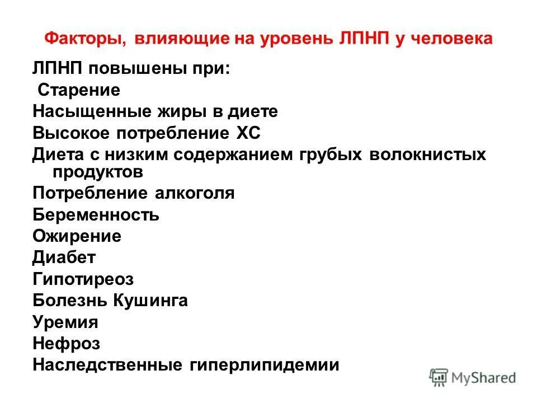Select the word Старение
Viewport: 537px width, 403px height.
tap(79, 90)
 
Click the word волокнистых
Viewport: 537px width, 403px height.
tap(427, 154)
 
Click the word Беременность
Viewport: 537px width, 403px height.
tap(96, 214)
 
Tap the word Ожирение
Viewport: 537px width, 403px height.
tap(77, 236)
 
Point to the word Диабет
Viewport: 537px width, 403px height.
tap(64, 257)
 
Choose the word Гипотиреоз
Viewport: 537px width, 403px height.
tap(83, 279)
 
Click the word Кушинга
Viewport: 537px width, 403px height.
tap(150, 301)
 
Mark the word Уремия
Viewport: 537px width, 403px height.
tap(65, 322)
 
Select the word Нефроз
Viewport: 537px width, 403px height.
tap(66, 343)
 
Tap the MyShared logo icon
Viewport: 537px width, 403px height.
tap(439, 376)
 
